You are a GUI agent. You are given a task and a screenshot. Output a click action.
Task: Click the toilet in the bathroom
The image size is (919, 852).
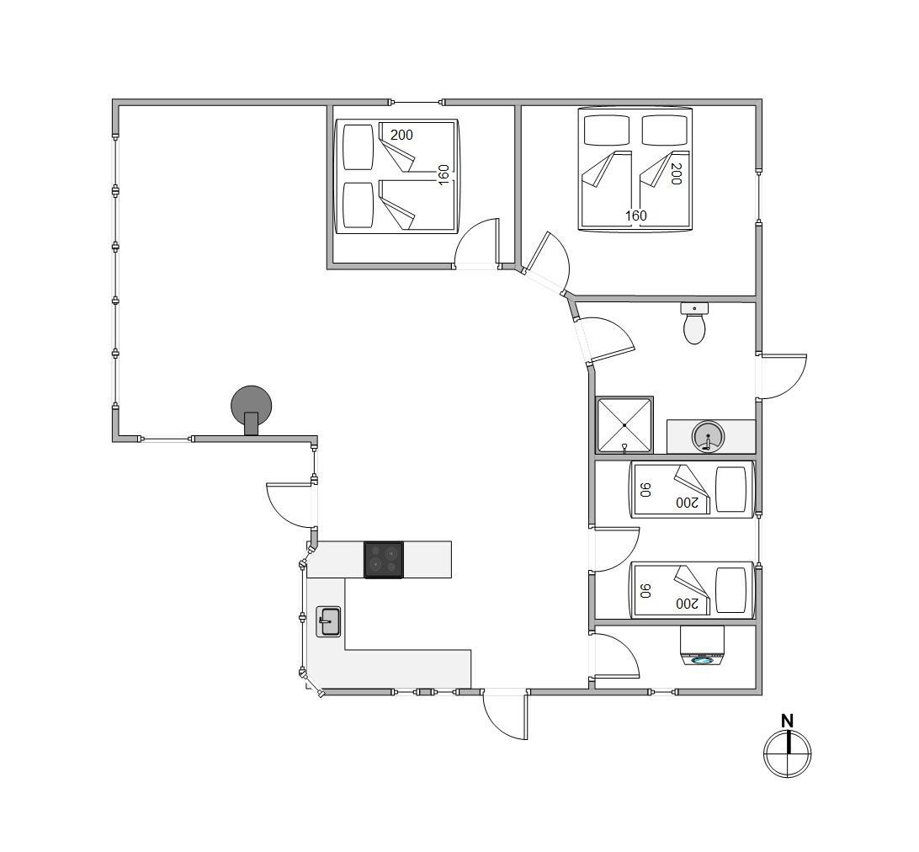[x=694, y=323]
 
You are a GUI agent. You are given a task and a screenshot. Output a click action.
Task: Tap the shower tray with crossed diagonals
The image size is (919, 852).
[x=624, y=425]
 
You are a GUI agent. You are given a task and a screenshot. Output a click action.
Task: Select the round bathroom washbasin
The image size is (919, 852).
[x=708, y=437]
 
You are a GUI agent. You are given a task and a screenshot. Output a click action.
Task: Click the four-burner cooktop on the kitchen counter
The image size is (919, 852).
[x=384, y=560]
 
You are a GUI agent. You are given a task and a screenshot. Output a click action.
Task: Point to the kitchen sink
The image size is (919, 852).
[x=328, y=621]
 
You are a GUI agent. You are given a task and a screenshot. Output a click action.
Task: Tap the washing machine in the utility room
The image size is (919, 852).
[x=702, y=646]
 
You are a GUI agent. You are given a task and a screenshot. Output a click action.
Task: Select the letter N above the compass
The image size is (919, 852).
[x=787, y=721]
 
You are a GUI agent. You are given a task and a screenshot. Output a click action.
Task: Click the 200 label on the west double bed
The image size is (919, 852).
[x=401, y=135]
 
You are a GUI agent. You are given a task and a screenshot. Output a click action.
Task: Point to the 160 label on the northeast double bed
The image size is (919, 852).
[x=636, y=216]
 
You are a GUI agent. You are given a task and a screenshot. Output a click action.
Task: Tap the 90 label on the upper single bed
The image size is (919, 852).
[x=645, y=490]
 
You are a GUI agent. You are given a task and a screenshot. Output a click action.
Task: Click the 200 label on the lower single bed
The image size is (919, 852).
[x=687, y=604]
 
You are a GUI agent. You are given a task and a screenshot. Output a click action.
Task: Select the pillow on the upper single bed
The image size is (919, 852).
[x=731, y=489]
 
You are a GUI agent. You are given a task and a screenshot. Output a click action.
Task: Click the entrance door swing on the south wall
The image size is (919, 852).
[x=504, y=716]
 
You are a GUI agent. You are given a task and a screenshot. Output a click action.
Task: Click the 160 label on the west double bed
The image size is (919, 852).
[x=444, y=175]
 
